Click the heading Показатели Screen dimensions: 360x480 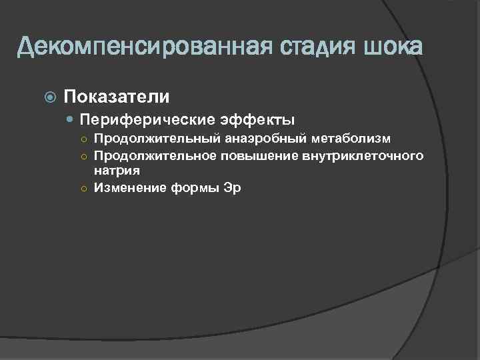[116, 97]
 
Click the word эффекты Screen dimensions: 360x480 [258, 120]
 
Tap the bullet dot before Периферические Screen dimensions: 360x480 [71, 120]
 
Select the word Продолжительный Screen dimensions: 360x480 [155, 138]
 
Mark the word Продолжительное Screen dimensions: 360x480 [156, 155]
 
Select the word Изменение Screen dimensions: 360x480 [129, 187]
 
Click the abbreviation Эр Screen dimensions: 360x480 [233, 187]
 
